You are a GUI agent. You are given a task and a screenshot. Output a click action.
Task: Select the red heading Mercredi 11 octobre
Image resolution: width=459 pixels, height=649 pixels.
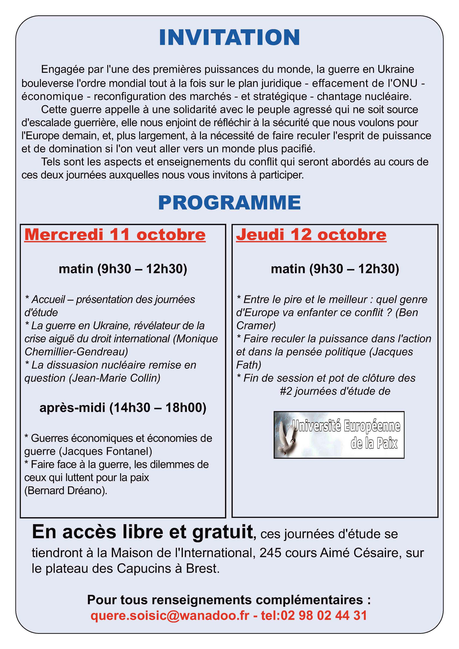coord(115,235)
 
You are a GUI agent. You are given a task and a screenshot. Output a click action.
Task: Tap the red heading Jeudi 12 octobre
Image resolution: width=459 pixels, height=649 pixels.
coord(311,235)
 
